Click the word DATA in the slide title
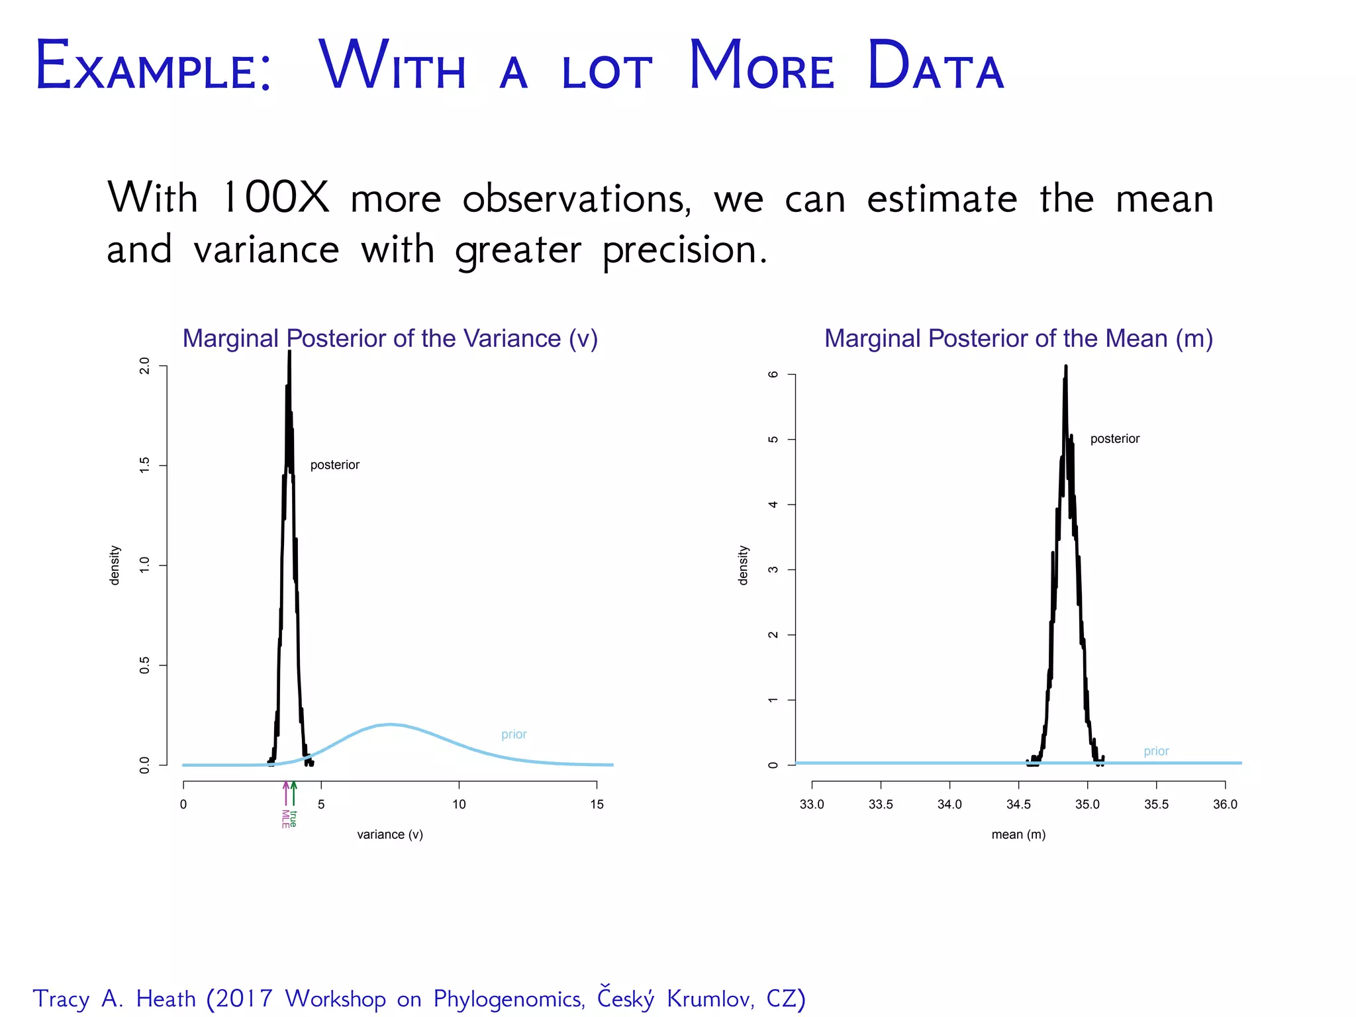[935, 66]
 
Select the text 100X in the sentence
[275, 197]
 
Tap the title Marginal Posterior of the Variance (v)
[390, 338]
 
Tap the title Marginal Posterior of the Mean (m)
[1018, 338]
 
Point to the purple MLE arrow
[285, 793]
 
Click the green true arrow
[294, 793]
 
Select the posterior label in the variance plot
[334, 465]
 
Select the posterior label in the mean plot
[1114, 439]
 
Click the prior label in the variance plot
[514, 734]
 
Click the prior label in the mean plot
[1156, 751]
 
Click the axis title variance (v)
[390, 835]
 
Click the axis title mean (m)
[1018, 835]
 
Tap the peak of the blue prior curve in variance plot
[391, 724]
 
